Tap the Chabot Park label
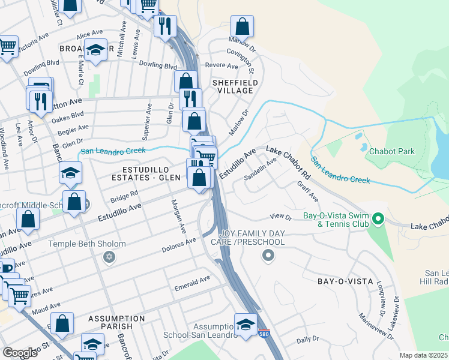[391, 151]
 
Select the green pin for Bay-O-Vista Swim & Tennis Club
[378, 218]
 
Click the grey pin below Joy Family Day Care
[268, 256]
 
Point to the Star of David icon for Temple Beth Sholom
[108, 257]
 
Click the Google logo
[20, 353]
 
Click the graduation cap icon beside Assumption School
[245, 325]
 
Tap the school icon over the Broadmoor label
[95, 51]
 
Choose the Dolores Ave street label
[179, 245]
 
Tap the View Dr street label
[280, 217]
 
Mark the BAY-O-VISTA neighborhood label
[345, 281]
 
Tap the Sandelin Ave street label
[260, 170]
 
